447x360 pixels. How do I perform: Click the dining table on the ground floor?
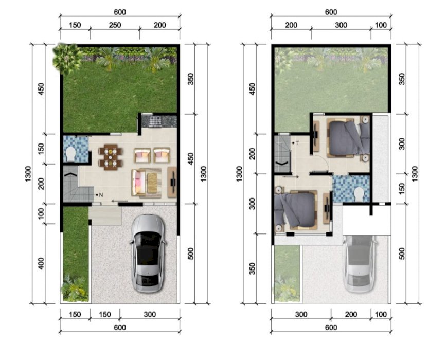(110, 157)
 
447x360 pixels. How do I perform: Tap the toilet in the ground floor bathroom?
(70, 154)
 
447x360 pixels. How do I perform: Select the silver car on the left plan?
(148, 254)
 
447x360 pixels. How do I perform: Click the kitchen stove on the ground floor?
(155, 121)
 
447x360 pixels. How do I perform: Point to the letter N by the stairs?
(101, 195)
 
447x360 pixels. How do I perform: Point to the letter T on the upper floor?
(297, 143)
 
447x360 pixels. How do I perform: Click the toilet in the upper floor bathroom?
(359, 194)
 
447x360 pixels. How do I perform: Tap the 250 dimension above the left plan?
(115, 25)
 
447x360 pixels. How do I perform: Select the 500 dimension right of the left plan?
(191, 254)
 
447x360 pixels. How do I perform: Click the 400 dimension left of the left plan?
(41, 263)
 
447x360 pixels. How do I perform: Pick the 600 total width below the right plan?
(331, 327)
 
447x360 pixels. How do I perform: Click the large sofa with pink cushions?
(139, 183)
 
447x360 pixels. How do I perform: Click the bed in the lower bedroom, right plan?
(296, 210)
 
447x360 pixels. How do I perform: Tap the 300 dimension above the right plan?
(341, 25)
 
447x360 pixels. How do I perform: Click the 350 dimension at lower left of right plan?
(252, 268)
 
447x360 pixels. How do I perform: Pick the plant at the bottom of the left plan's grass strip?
(74, 289)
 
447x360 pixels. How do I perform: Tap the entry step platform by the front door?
(105, 215)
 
